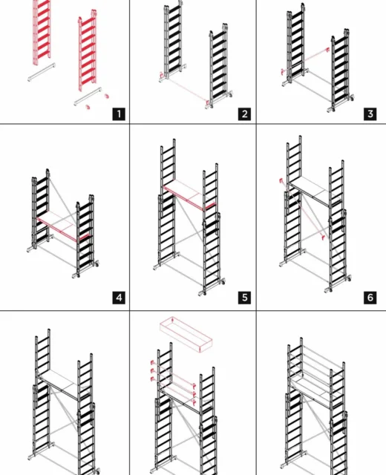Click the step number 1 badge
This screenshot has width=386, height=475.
click(119, 114)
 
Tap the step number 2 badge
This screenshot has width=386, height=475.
click(244, 114)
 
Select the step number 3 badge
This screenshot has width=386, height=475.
click(370, 114)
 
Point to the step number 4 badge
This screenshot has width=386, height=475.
click(119, 298)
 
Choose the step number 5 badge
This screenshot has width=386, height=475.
click(244, 298)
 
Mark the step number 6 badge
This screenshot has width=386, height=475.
click(370, 298)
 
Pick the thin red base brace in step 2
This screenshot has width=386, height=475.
click(185, 89)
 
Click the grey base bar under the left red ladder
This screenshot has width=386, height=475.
click(42, 72)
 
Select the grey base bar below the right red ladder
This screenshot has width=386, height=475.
click(88, 96)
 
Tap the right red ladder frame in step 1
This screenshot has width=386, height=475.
click(88, 50)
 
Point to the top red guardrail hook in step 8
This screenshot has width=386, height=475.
click(153, 363)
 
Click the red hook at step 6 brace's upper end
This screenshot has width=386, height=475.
click(282, 181)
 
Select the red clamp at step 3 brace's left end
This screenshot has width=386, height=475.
click(283, 72)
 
